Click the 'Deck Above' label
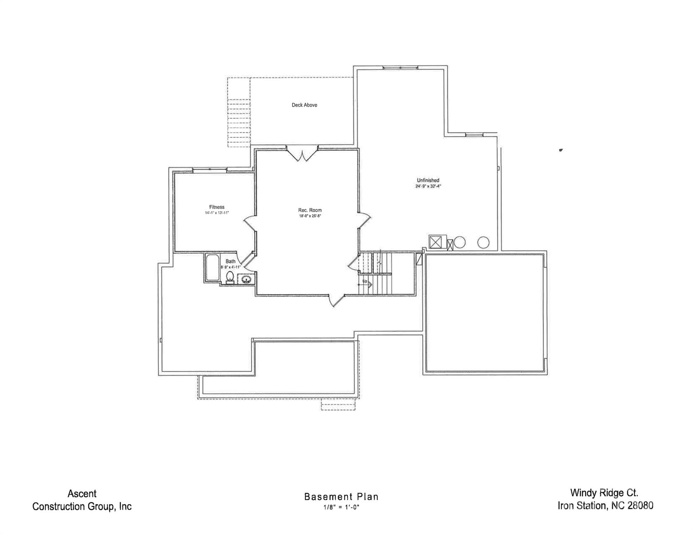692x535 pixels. [x=304, y=105]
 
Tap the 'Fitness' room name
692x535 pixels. [x=217, y=207]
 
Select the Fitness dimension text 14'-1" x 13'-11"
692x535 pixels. [x=217, y=213]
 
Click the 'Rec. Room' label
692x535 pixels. [x=310, y=210]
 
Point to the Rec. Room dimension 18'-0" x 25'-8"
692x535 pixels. [x=310, y=216]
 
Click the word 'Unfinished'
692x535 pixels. [x=428, y=180]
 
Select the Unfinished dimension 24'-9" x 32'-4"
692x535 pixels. [x=428, y=186]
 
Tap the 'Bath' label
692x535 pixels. [x=230, y=261]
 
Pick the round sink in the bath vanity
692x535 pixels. [x=246, y=279]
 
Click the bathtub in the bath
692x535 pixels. [x=212, y=268]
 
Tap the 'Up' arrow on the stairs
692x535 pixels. [x=365, y=284]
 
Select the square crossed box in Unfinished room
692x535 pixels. [x=435, y=242]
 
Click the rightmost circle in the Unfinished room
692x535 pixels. [x=483, y=242]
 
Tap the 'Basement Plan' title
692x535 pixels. [x=341, y=497]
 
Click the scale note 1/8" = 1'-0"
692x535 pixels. [x=341, y=507]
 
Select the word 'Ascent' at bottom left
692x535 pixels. [x=82, y=494]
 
